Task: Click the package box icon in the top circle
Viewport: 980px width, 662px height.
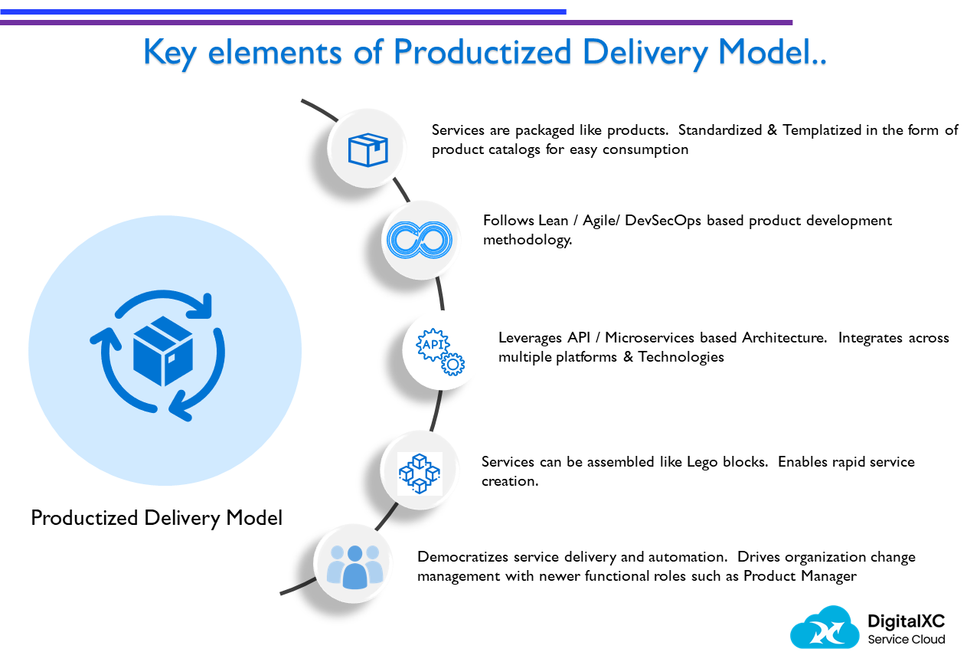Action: (368, 150)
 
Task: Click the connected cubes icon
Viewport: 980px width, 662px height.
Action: (420, 473)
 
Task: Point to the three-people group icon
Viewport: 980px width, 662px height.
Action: (354, 567)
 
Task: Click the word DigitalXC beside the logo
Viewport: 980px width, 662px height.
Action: (906, 621)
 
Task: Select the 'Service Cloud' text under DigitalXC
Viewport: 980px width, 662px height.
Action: (906, 640)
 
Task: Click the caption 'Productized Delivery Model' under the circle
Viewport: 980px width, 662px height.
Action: (156, 518)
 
